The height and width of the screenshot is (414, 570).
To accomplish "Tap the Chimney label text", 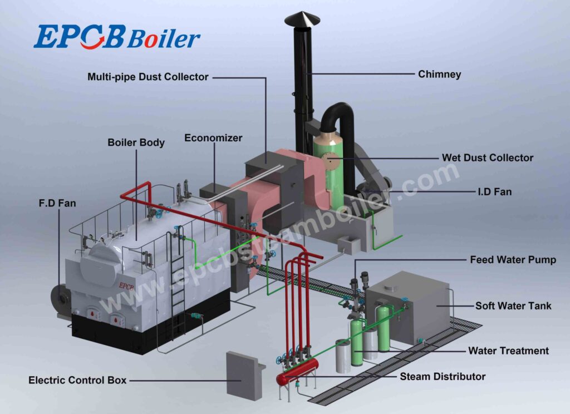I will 439,74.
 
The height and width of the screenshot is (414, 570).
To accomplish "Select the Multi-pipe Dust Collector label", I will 148,77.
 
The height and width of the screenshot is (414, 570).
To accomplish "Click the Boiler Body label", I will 136,142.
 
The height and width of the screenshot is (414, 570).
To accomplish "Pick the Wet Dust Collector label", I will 487,157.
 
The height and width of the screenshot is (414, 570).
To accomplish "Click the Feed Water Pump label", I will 513,260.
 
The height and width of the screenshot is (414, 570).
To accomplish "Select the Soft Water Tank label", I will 513,305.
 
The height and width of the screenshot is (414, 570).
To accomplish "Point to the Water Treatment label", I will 508,351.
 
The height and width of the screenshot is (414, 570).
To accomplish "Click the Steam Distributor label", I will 443,377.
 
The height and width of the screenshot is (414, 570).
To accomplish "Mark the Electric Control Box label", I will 77,381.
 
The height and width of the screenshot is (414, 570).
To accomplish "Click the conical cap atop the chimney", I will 302,19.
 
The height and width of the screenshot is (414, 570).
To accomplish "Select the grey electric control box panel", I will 242,375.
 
